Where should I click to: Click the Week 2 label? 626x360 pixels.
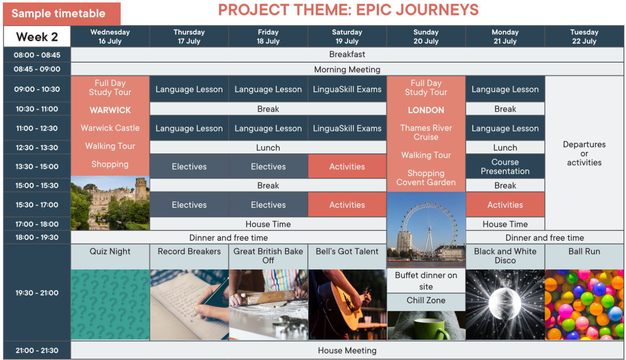[37, 37]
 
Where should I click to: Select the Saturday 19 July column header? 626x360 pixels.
[347, 37]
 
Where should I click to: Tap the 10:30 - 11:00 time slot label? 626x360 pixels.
[37, 109]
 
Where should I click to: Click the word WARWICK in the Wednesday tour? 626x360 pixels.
[110, 110]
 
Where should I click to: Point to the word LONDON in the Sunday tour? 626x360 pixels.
[426, 110]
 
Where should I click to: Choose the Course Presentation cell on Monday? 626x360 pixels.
[505, 166]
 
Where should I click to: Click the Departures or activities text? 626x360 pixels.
[584, 154]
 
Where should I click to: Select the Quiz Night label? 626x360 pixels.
[110, 252]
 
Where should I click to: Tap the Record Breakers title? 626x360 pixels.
[189, 252]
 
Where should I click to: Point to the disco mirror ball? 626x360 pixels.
[505, 304]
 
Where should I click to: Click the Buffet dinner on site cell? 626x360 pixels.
[426, 281]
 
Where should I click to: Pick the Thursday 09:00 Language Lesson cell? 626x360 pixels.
[189, 89]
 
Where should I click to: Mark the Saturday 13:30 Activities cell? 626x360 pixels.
[347, 166]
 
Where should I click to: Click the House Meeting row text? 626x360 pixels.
[347, 350]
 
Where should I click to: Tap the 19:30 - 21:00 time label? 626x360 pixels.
[37, 293]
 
